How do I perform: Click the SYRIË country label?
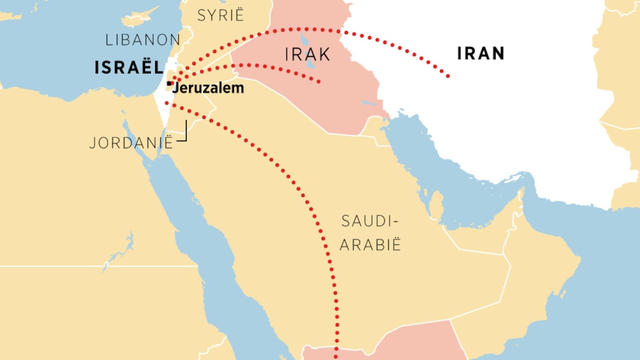click(x=220, y=15)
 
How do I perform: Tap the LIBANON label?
click(x=142, y=39)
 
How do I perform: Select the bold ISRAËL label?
click(x=128, y=68)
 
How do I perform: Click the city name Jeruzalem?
click(x=209, y=88)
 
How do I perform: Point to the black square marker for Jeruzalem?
click(x=169, y=84)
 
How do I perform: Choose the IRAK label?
click(x=308, y=54)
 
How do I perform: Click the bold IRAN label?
click(x=481, y=53)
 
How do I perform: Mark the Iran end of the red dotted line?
click(x=447, y=76)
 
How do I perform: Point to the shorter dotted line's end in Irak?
click(x=319, y=82)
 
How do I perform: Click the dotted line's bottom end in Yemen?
click(x=337, y=356)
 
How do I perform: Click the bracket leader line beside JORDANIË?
click(x=184, y=133)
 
